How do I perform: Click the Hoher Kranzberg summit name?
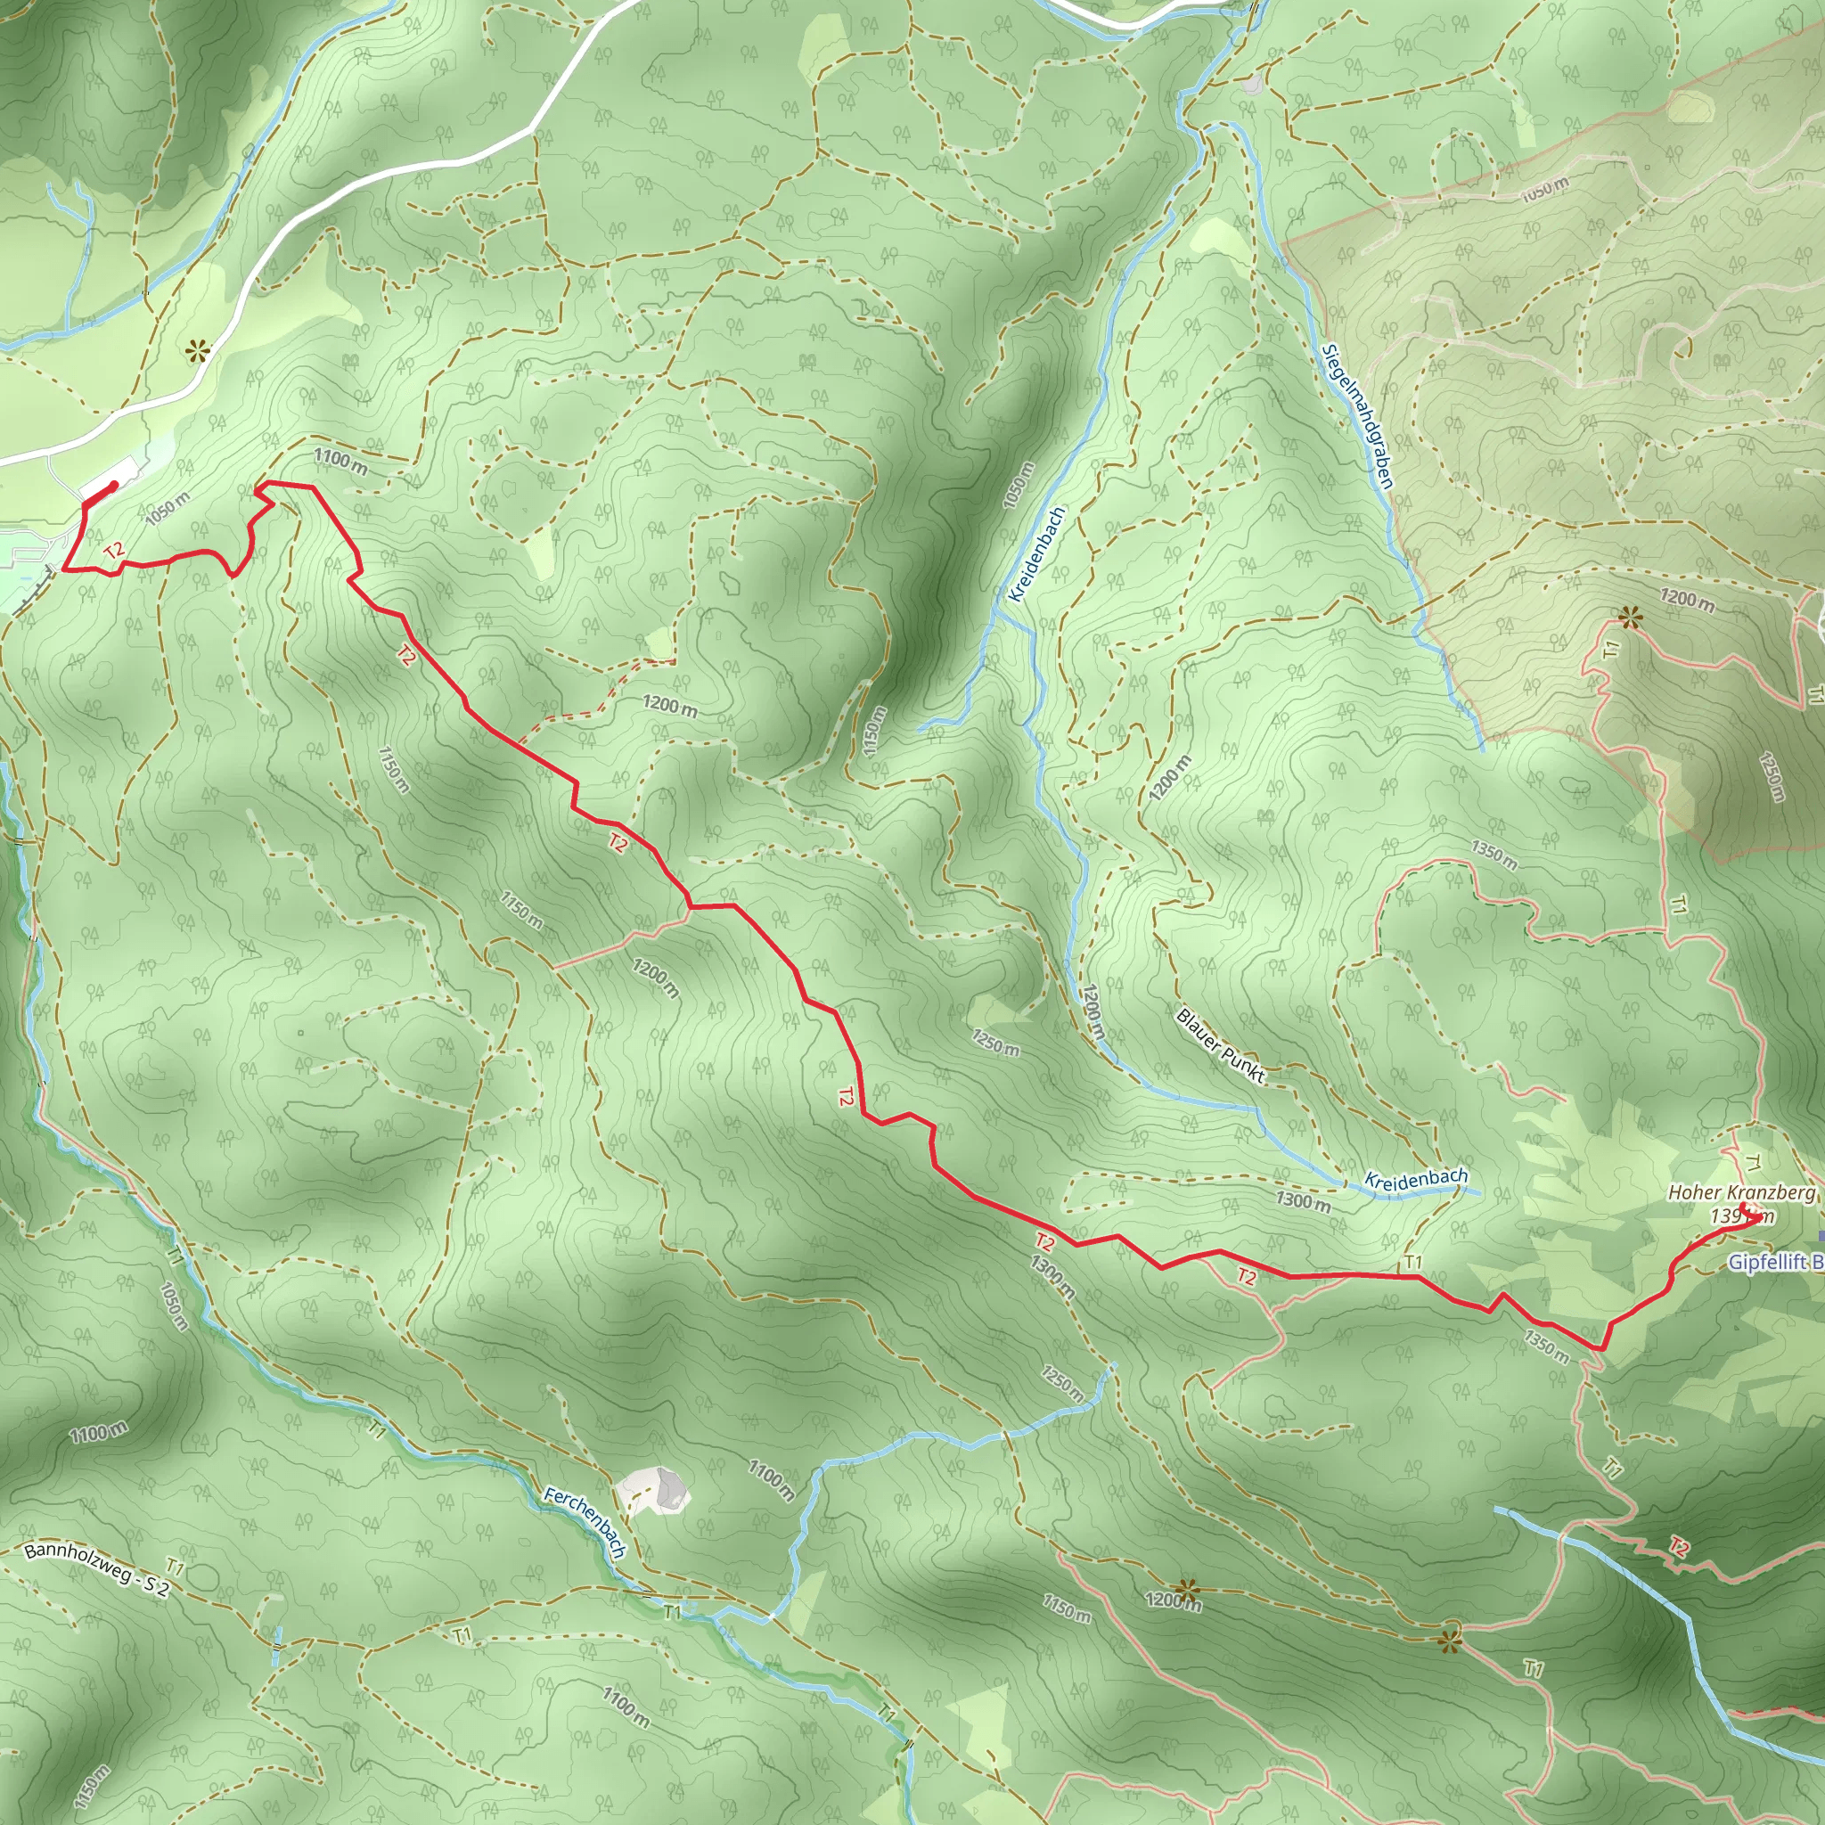point(1741,1193)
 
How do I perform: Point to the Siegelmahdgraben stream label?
point(1357,416)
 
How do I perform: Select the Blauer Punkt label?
point(1220,1044)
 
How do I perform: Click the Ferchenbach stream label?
point(585,1522)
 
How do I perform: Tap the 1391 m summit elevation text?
point(1742,1216)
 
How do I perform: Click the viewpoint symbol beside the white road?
point(196,353)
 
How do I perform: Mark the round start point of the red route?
point(114,485)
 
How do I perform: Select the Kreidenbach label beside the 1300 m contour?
point(1416,1178)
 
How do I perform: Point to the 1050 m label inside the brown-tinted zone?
point(1544,190)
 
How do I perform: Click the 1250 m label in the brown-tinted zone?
point(1772,776)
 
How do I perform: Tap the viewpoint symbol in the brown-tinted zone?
point(1629,618)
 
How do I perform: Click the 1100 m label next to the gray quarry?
point(771,1480)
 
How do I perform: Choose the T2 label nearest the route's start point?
point(114,551)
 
